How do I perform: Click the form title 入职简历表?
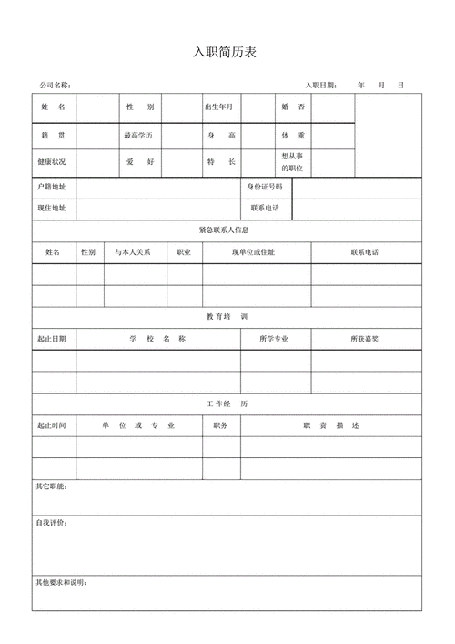pyautogui.click(x=226, y=52)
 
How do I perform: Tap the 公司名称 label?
pyautogui.click(x=56, y=86)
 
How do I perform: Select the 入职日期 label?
pyautogui.click(x=321, y=86)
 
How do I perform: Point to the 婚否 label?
pyautogui.click(x=293, y=107)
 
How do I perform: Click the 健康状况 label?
pyautogui.click(x=52, y=161)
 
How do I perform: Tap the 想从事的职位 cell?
pyautogui.click(x=292, y=162)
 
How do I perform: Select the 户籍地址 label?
pyautogui.click(x=51, y=187)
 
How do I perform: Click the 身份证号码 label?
pyautogui.click(x=265, y=187)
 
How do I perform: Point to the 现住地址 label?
pyautogui.click(x=51, y=209)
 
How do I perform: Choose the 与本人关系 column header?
pyautogui.click(x=133, y=251)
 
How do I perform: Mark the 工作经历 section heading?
pyautogui.click(x=227, y=404)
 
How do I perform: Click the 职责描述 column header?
pyautogui.click(x=331, y=425)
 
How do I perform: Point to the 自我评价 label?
pyautogui.click(x=51, y=524)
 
